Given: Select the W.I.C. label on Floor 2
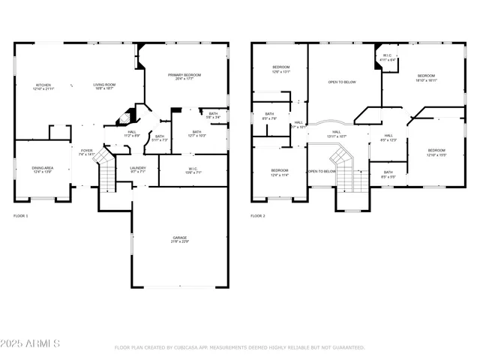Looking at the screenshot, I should (388, 57).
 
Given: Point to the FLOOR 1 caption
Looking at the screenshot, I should (21, 216).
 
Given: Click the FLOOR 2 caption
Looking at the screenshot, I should (258, 216).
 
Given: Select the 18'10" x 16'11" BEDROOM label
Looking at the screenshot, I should (426, 77).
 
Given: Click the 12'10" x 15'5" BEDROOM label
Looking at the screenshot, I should (436, 153).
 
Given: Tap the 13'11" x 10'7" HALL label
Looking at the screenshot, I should (336, 134).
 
